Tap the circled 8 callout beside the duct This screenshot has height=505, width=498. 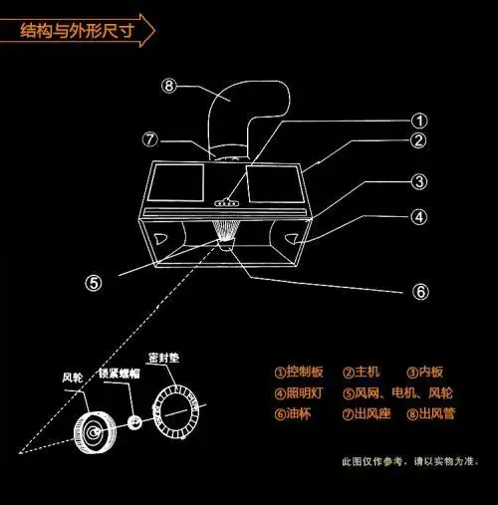[x=170, y=87]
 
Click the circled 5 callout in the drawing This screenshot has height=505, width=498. [x=93, y=282]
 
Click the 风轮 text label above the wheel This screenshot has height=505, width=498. [x=73, y=378]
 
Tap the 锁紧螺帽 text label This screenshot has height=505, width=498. [x=117, y=374]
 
